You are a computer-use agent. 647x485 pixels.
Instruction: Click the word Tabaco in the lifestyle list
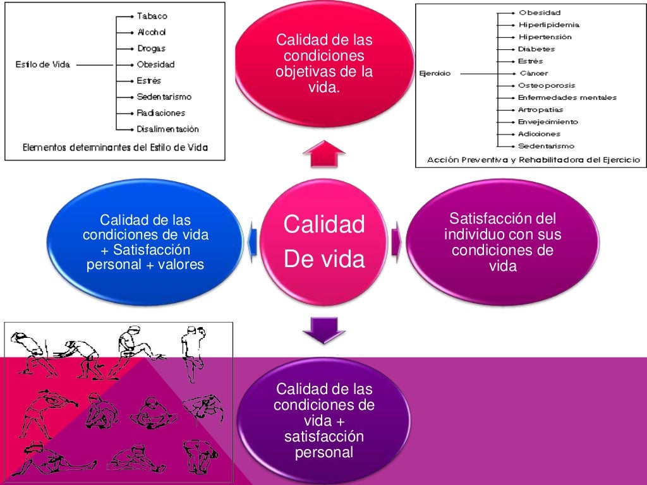[x=152, y=16]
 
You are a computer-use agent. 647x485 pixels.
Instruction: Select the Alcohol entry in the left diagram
[x=152, y=32]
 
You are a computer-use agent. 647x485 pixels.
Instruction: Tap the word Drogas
[x=151, y=48]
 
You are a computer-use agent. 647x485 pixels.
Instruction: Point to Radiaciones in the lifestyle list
[x=160, y=113]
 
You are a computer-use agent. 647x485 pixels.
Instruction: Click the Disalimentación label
[x=167, y=129]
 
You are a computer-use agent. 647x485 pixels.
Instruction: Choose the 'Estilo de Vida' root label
[x=42, y=64]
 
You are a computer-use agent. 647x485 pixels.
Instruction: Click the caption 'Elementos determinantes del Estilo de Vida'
[x=115, y=148]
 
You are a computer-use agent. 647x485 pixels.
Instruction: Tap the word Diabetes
[x=536, y=49]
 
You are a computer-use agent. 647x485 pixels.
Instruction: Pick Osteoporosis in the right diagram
[x=547, y=85]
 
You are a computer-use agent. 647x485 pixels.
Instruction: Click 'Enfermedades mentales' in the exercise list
[x=567, y=98]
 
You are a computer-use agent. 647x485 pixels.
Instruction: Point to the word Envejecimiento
[x=548, y=122]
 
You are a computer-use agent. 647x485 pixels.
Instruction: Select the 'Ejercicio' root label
[x=435, y=74]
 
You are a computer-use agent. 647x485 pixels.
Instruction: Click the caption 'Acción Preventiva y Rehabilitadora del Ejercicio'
[x=533, y=160]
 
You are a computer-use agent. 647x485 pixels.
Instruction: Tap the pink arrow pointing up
[x=323, y=154]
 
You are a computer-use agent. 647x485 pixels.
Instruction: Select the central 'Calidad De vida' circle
[x=323, y=242]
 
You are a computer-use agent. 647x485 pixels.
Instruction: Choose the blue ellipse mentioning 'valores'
[x=145, y=242]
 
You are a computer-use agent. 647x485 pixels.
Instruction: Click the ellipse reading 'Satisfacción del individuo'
[x=502, y=242]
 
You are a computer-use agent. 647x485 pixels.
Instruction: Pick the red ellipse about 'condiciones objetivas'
[x=323, y=63]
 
